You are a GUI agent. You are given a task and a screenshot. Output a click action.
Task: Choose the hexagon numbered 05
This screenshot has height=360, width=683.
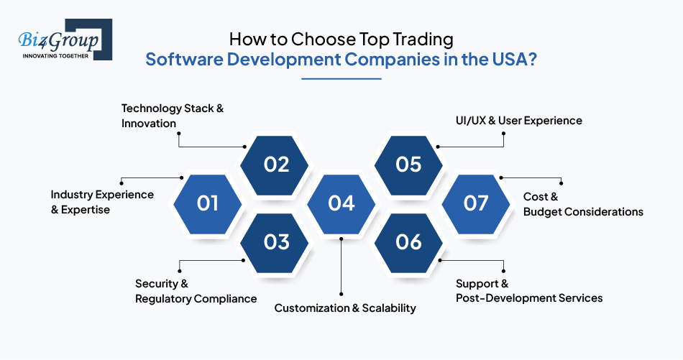pyautogui.click(x=408, y=165)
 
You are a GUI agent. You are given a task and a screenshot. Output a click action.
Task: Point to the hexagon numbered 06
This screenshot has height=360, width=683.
pyautogui.click(x=408, y=243)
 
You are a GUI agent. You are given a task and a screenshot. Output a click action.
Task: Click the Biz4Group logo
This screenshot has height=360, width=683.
pyautogui.click(x=65, y=40)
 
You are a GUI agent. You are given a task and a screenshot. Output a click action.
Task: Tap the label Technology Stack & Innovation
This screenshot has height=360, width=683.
pyautogui.click(x=173, y=116)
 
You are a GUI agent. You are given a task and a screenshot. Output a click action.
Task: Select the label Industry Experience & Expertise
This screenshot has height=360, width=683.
pyautogui.click(x=102, y=202)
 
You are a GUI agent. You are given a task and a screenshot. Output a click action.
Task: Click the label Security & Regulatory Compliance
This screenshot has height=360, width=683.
pyautogui.click(x=196, y=291)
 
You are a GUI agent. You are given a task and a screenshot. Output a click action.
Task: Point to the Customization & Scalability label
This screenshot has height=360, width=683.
pyautogui.click(x=345, y=308)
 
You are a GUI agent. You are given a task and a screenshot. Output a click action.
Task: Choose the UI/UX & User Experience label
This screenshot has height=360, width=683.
pyautogui.click(x=519, y=121)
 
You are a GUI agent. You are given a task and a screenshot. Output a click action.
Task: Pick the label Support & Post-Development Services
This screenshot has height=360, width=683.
pyautogui.click(x=529, y=291)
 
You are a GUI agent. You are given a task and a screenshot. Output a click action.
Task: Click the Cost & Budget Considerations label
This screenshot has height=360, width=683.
pyautogui.click(x=583, y=204)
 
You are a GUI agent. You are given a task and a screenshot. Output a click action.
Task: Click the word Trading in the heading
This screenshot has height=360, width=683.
pyautogui.click(x=423, y=40)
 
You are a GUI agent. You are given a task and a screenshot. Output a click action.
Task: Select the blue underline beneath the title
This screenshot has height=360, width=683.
pyautogui.click(x=341, y=79)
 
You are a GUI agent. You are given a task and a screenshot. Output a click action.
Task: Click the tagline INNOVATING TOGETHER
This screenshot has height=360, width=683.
pyautogui.click(x=55, y=56)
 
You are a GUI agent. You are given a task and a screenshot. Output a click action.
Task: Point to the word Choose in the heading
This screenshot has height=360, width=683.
pyautogui.click(x=323, y=40)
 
